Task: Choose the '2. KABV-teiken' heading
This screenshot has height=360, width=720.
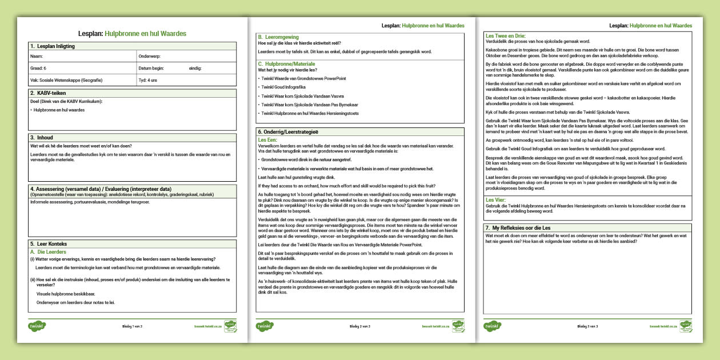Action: pyautogui.click(x=48, y=93)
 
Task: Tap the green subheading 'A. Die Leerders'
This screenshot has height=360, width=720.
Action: pyautogui.click(x=48, y=251)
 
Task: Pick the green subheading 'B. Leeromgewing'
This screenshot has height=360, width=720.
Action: pyautogui.click(x=278, y=37)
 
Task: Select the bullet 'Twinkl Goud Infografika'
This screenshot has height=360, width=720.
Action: pyautogui.click(x=283, y=87)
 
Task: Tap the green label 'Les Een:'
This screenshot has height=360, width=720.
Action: pyautogui.click(x=267, y=139)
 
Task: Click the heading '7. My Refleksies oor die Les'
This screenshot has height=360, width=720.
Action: pyautogui.click(x=523, y=228)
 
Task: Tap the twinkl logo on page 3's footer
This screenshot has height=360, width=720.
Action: pyautogui.click(x=493, y=326)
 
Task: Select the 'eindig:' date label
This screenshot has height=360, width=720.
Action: pyautogui.click(x=195, y=69)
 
